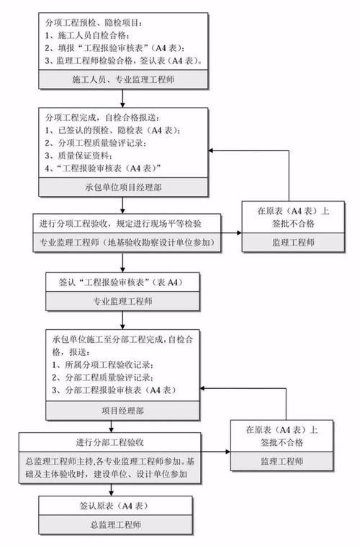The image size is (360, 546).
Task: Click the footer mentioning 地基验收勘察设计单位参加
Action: click(125, 242)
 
